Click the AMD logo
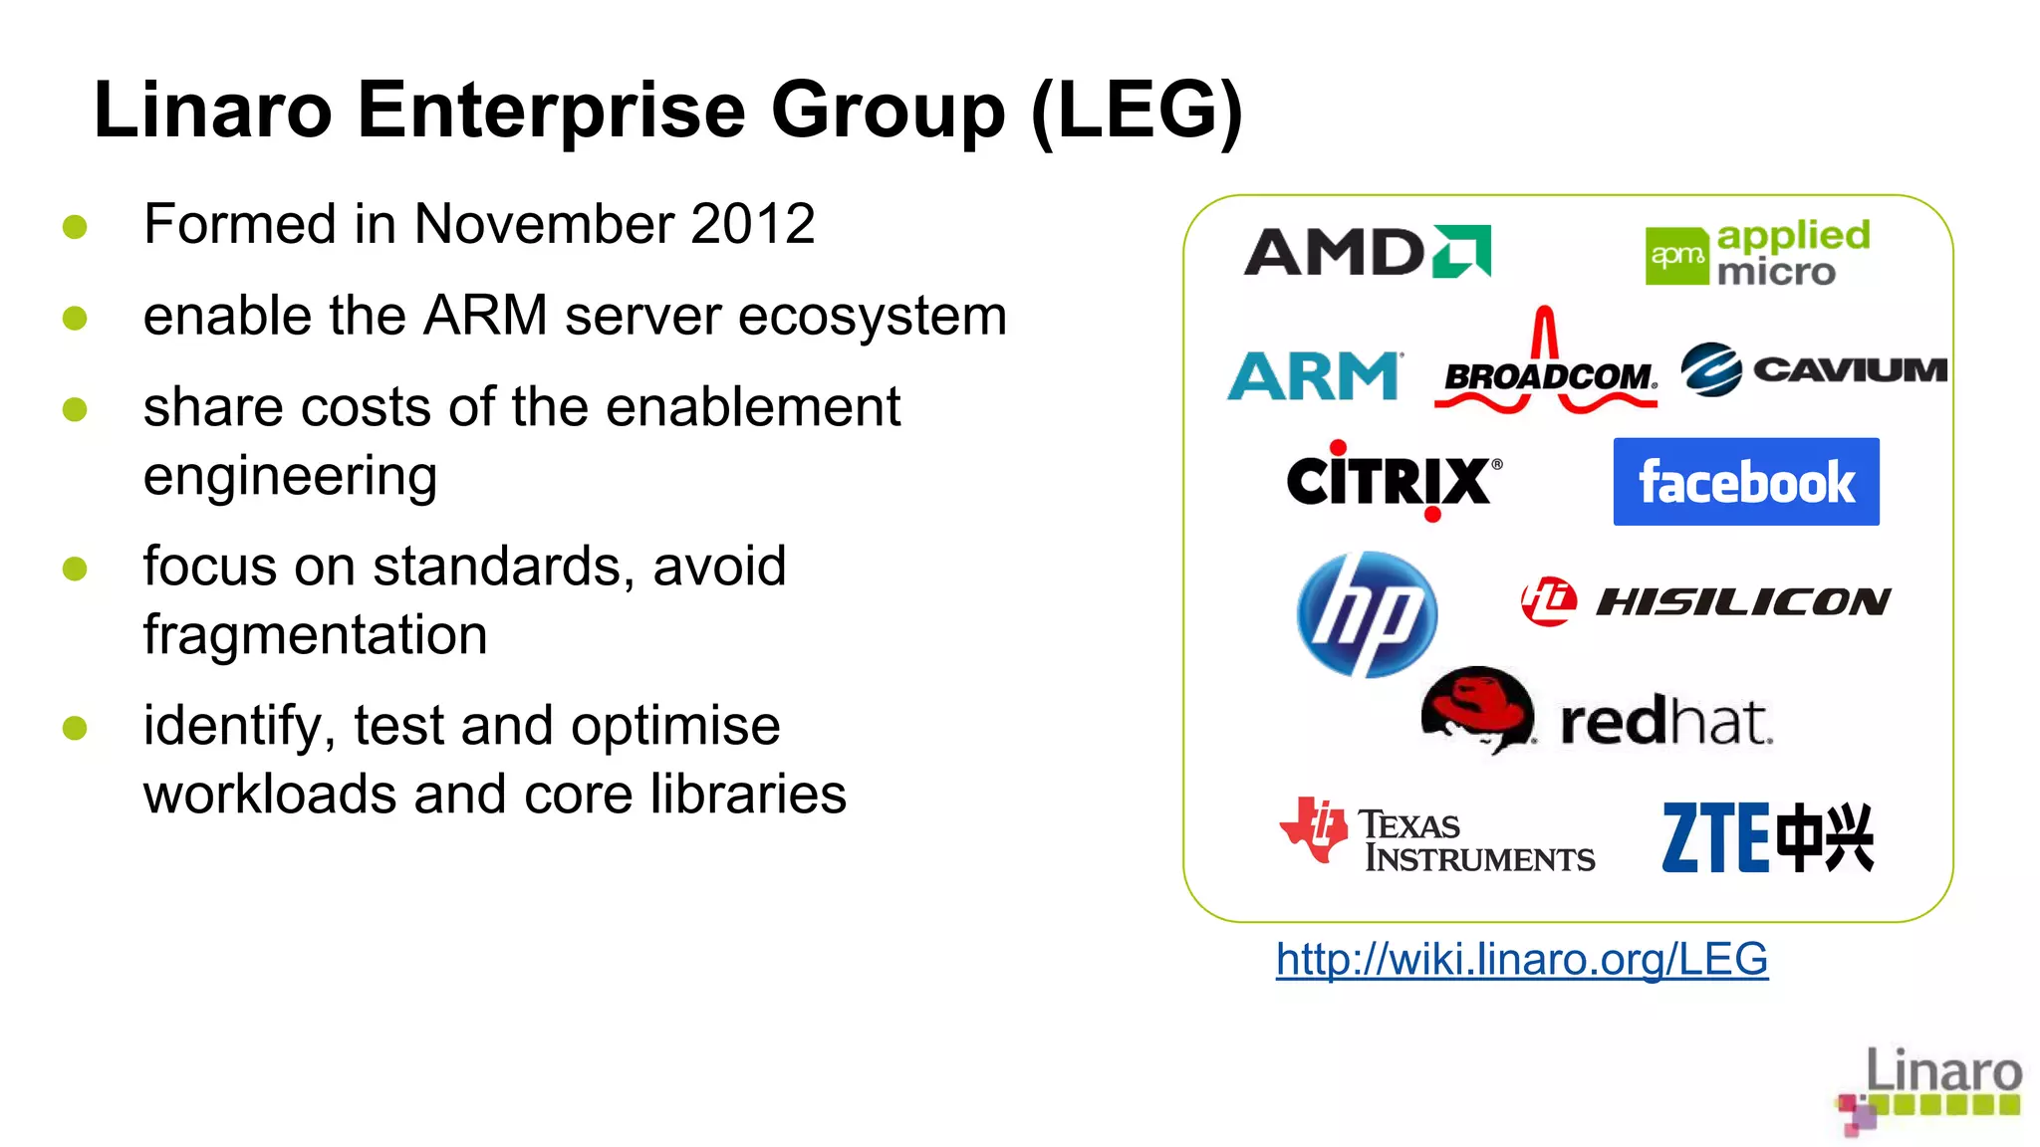point(1367,251)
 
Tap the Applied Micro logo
point(1757,253)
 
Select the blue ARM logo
point(1314,376)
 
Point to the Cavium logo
point(1813,369)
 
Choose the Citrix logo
point(1393,481)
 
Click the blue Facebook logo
point(1745,482)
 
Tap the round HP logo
point(1367,614)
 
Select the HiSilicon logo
point(1705,601)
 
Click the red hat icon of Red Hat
point(1478,709)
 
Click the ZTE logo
point(1767,838)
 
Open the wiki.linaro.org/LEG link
point(1521,959)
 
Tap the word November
point(543,224)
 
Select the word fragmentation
point(315,635)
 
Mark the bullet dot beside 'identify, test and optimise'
point(75,728)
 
